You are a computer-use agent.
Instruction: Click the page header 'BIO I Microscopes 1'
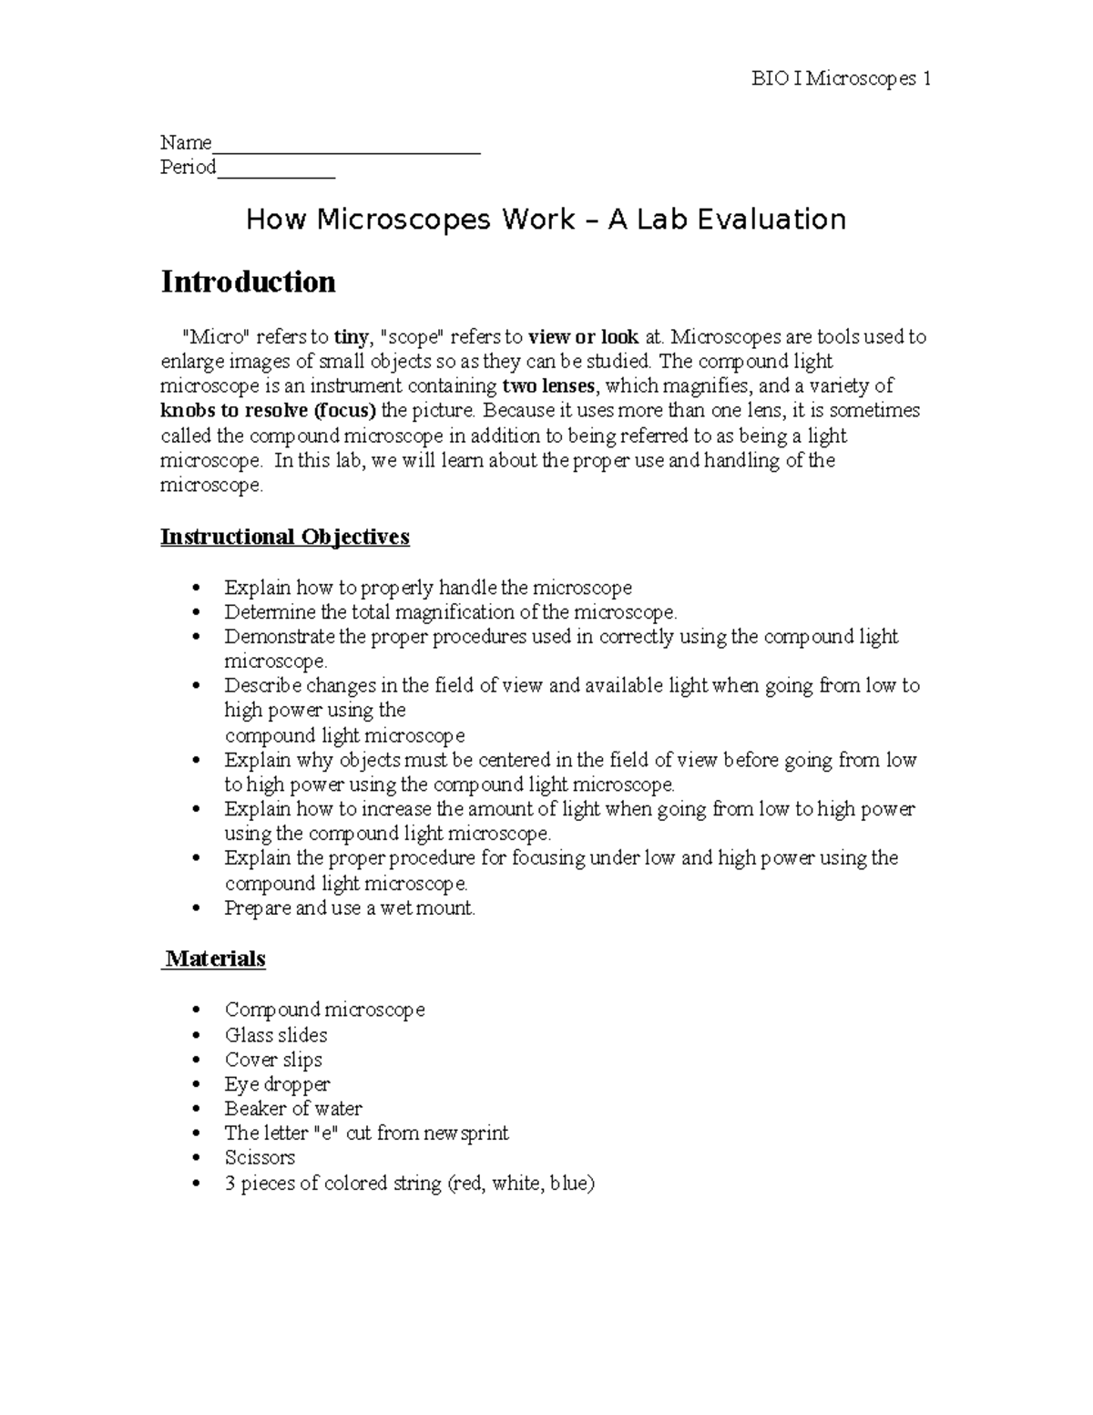coord(840,79)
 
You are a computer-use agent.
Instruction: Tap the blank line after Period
coord(276,174)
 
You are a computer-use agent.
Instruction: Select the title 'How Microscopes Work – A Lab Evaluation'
coord(546,220)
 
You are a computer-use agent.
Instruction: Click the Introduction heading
coord(248,282)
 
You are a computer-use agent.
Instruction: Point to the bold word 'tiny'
coord(351,337)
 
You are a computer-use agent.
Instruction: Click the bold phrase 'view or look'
coord(583,337)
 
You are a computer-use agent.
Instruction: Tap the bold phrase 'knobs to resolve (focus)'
coord(268,411)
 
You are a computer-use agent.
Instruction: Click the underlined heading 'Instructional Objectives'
coord(284,537)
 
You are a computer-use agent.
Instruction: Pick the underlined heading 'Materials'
coord(215,959)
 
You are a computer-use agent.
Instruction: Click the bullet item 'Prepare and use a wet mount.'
coord(350,908)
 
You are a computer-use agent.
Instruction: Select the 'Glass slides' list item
coord(276,1035)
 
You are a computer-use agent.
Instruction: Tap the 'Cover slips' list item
coord(273,1060)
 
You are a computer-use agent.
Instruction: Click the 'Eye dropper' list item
coord(277,1084)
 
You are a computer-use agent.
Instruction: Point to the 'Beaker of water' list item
coord(293,1109)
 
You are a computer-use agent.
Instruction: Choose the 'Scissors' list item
coord(260,1158)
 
